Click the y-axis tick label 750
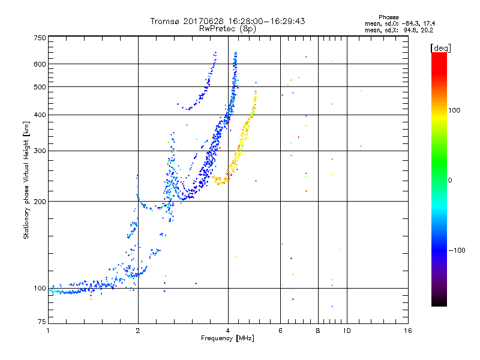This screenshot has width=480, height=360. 40,38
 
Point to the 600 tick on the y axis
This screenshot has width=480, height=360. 40,64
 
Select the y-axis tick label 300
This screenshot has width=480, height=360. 40,151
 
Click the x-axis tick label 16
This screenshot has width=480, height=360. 408,331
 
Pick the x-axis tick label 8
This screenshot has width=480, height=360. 318,331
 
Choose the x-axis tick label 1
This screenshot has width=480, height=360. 48,331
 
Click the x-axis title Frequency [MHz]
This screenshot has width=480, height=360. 227,339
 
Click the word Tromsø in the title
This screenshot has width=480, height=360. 166,21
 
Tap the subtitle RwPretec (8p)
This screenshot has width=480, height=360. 227,28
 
